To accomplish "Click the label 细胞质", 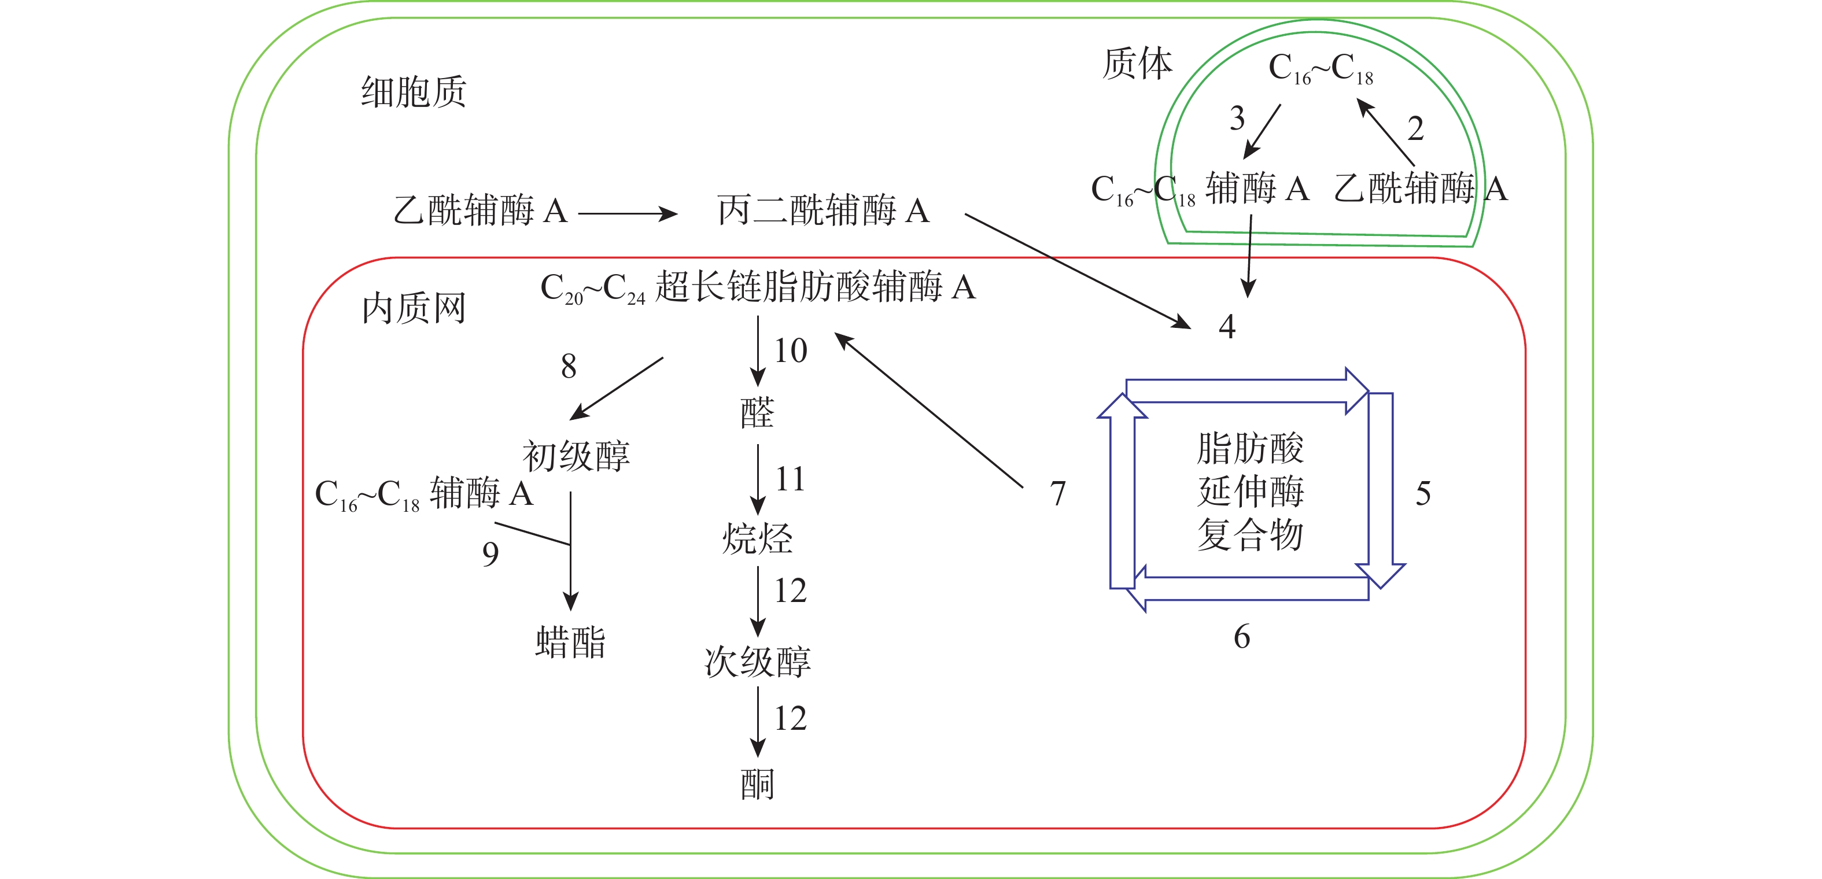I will coord(414,92).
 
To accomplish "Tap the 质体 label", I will coord(1137,64).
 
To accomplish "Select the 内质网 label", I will coord(414,309).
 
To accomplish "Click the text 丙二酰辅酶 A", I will coord(823,210).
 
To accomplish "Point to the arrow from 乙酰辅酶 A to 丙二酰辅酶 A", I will coord(628,213).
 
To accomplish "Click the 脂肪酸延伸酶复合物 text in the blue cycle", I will coord(1250,492).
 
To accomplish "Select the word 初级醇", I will coord(576,456).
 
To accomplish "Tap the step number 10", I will coord(790,351).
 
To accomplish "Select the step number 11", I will coord(790,479).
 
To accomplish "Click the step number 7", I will coord(1057,494).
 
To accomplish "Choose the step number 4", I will coord(1227,327).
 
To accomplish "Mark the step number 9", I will coord(490,553).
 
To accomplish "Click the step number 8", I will coord(569,366).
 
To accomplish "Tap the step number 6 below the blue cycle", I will coord(1242,637).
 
